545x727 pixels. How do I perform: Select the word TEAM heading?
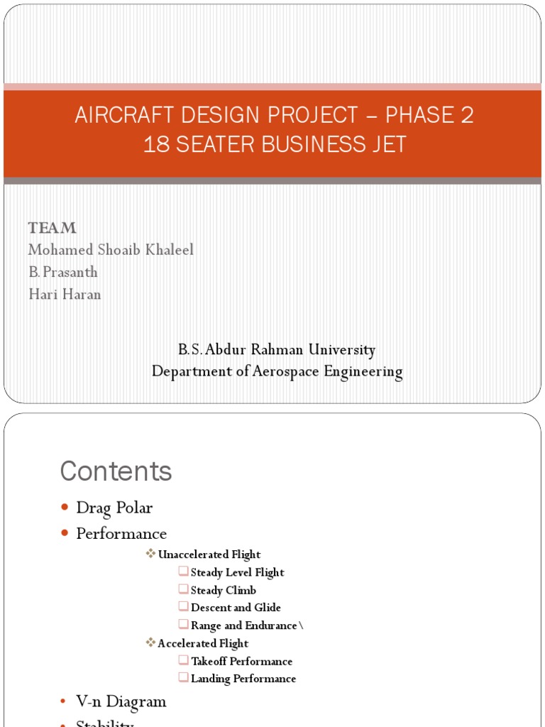coord(52,228)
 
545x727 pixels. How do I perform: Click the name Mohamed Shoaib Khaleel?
coord(111,250)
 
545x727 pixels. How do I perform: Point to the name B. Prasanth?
coord(63,272)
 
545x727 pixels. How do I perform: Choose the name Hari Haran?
coord(65,294)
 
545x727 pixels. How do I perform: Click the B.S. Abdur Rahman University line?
coord(277,349)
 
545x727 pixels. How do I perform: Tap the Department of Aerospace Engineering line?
coord(277,371)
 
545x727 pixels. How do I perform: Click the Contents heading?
coord(116,471)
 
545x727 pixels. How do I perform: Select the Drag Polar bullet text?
coord(114,508)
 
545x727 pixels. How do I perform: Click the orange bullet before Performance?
coord(65,533)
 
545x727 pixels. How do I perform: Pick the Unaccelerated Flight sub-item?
coord(209,554)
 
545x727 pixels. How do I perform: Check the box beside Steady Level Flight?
coord(184,572)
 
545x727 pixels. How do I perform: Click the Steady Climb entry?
coord(224,590)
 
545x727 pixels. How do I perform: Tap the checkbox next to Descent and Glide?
coord(184,607)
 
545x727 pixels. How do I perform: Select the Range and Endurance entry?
coord(244,625)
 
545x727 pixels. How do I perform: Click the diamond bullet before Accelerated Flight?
coord(150,643)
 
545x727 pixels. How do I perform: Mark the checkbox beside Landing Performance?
coord(184,678)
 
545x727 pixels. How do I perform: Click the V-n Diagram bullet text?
coord(121,701)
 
